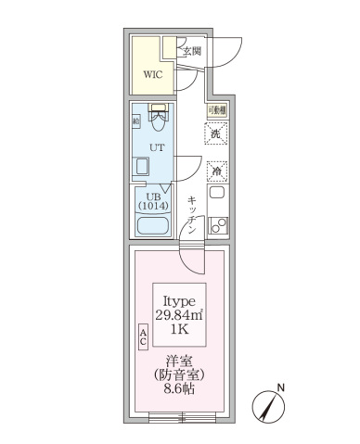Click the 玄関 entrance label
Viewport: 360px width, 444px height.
[191, 51]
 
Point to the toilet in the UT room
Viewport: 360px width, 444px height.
[159, 117]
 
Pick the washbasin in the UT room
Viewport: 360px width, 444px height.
[143, 167]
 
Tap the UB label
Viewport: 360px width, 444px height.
[148, 195]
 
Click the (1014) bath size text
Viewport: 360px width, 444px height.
[149, 206]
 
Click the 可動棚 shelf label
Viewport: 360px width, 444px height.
[215, 110]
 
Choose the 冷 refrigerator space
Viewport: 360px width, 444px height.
[216, 171]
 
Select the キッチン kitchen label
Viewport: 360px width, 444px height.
[192, 213]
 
